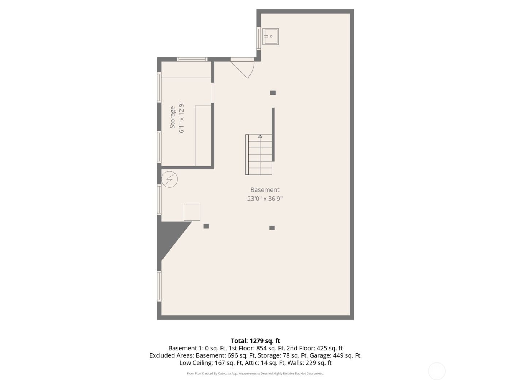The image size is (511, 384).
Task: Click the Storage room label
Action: [173, 117]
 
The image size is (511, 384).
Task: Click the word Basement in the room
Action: [265, 189]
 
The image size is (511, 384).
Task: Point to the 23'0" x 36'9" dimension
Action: [265, 199]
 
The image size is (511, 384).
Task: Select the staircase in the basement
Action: [259, 154]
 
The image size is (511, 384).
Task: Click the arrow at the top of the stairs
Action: [260, 136]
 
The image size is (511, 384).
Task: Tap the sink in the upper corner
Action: [270, 37]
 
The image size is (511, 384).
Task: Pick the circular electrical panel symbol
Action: [169, 179]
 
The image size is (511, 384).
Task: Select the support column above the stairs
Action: [273, 93]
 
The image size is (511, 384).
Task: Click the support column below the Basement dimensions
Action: [272, 228]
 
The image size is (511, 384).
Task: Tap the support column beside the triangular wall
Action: [206, 226]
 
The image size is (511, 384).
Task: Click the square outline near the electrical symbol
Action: [192, 212]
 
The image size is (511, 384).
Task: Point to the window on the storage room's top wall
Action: [192, 60]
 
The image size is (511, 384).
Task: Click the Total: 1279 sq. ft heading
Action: [255, 341]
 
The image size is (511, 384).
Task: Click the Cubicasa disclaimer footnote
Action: [255, 373]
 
